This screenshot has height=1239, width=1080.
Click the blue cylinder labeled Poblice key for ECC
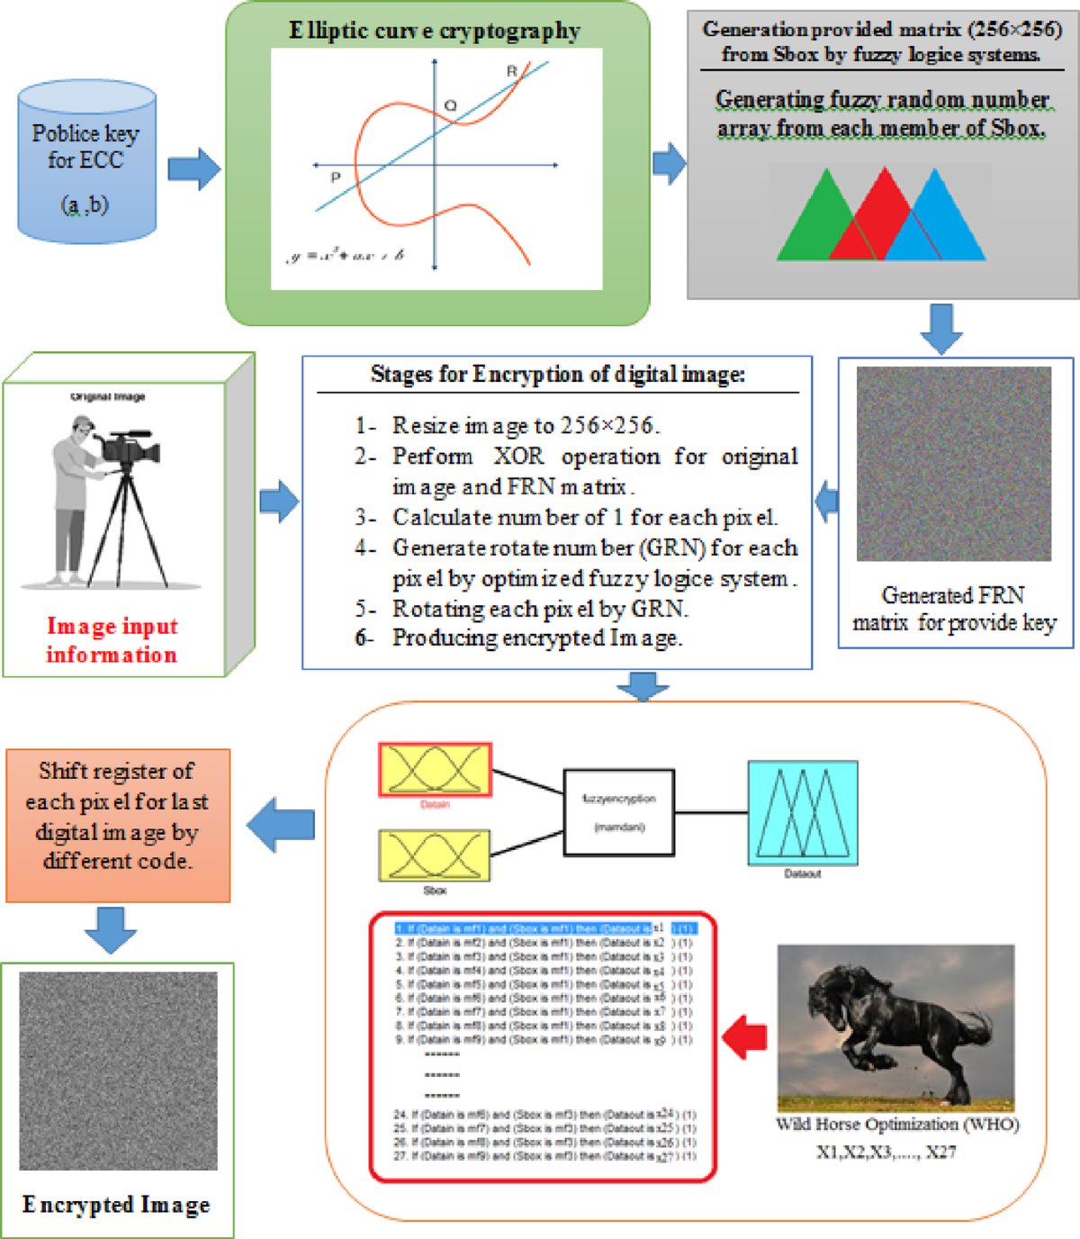click(x=86, y=162)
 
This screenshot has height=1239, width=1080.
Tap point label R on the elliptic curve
click(x=512, y=71)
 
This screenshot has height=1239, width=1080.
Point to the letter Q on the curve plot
click(x=450, y=106)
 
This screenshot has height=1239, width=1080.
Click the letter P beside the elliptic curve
click(x=336, y=177)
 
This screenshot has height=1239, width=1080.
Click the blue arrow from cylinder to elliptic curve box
click(x=193, y=168)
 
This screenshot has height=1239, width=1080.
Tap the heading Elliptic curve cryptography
click(x=435, y=31)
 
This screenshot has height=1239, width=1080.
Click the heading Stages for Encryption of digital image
click(x=558, y=374)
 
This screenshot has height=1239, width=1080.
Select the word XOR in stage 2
click(x=518, y=457)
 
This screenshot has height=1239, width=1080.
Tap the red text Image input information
click(x=112, y=639)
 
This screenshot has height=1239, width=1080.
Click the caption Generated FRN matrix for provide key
click(x=954, y=609)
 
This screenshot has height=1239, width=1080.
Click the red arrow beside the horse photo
click(x=745, y=1036)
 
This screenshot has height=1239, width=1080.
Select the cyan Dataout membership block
click(x=803, y=812)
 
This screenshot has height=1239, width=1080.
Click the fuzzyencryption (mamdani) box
click(x=618, y=812)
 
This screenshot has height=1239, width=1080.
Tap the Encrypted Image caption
click(x=116, y=1205)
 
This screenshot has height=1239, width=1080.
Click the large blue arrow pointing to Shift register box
click(x=281, y=825)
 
